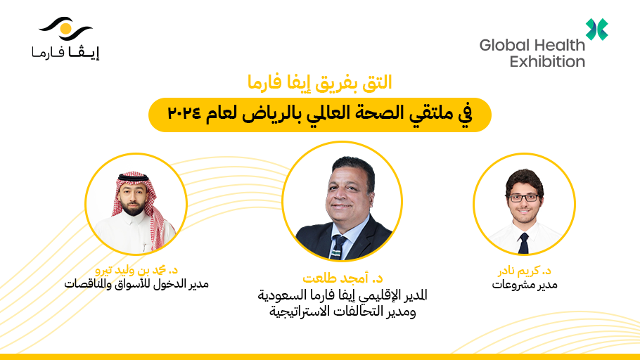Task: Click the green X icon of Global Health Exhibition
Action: click(x=597, y=29)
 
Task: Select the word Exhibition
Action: click(x=547, y=61)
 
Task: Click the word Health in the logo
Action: click(x=559, y=45)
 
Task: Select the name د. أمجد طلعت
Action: click(x=343, y=279)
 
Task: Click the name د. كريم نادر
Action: click(x=523, y=271)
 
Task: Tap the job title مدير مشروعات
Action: click(x=523, y=285)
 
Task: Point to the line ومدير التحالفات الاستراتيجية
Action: click(x=343, y=311)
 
